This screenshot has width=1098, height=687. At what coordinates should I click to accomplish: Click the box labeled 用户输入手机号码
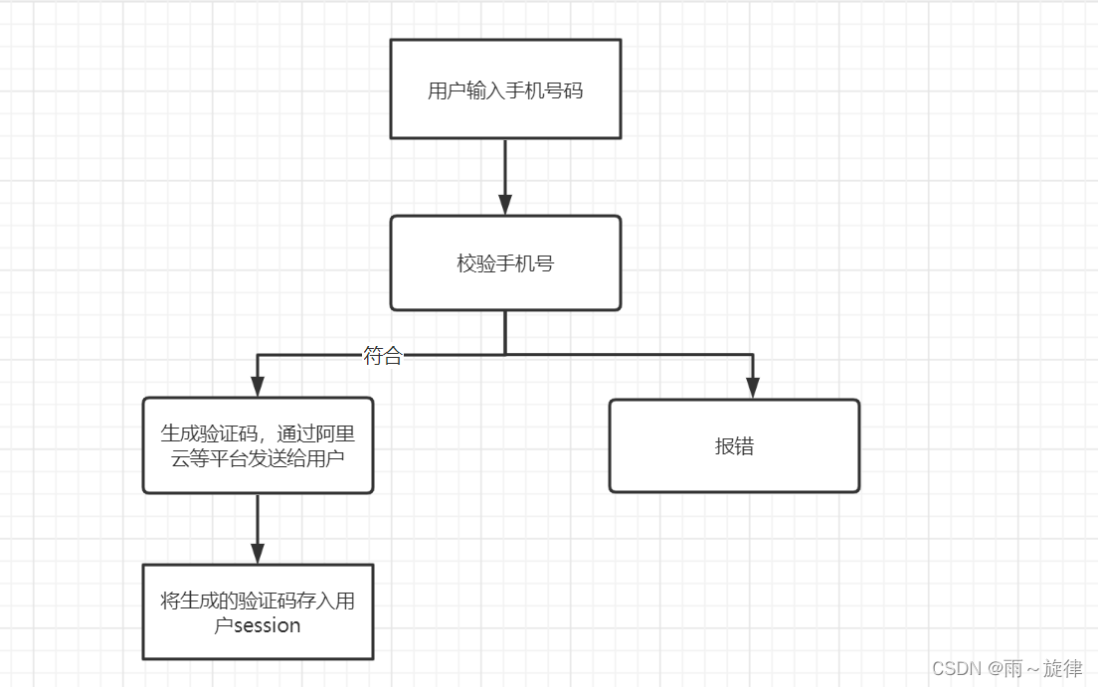(505, 89)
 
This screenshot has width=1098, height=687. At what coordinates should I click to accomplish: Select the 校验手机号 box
(505, 263)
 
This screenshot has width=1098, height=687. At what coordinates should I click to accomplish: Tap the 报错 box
(734, 446)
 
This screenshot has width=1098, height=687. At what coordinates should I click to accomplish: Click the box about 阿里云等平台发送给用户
(258, 445)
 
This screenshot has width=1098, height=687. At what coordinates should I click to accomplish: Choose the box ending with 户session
(258, 612)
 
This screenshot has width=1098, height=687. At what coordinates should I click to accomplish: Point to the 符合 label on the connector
(383, 356)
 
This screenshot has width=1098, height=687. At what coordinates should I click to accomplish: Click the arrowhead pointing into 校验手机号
(505, 205)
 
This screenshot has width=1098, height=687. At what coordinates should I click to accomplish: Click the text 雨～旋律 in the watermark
(1043, 668)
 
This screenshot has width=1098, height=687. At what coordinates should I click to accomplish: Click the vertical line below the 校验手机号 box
(505, 332)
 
